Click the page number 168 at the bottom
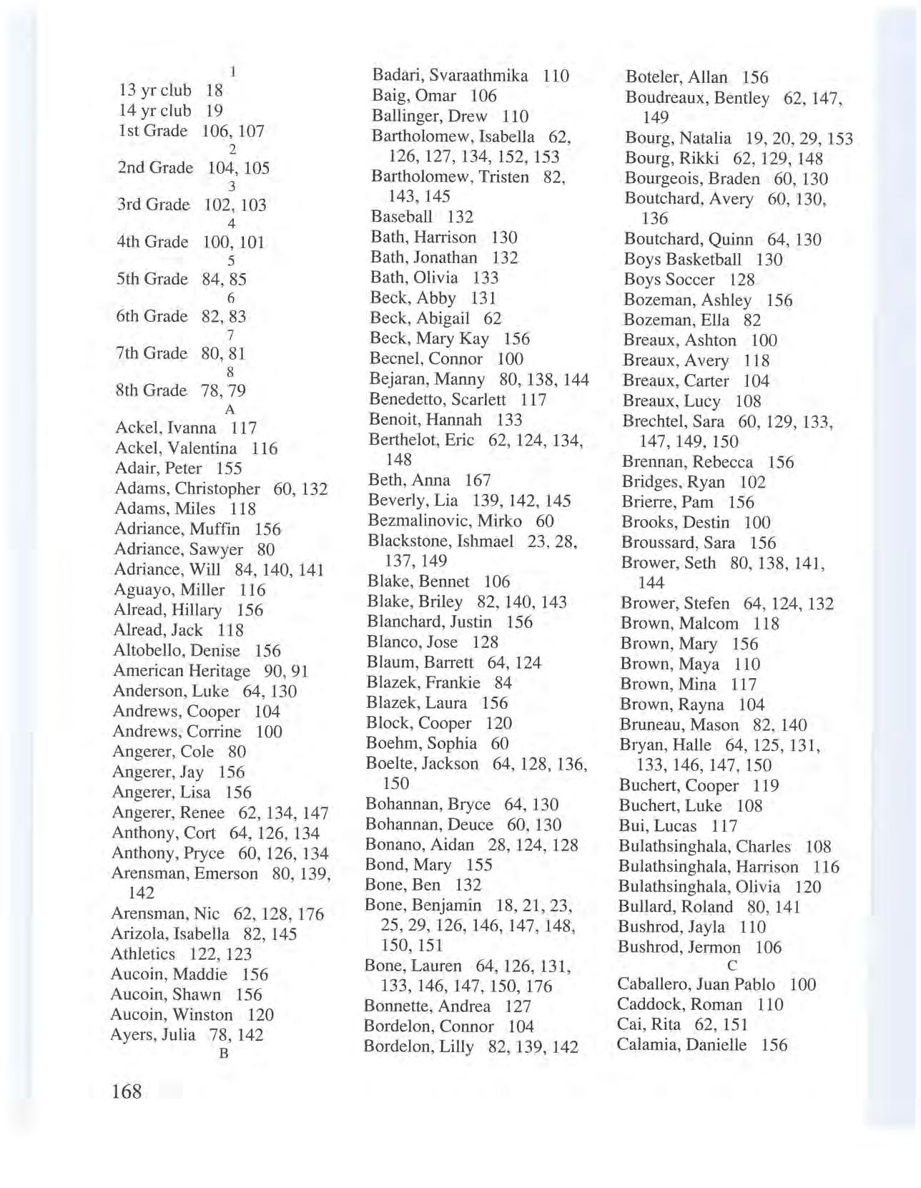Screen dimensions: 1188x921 tap(127, 1091)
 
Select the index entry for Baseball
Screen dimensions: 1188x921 tap(401, 217)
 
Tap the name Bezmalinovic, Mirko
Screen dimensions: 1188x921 tap(444, 521)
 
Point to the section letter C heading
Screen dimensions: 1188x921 tap(732, 966)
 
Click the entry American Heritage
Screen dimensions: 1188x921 tap(182, 671)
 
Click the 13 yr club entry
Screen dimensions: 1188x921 tap(155, 90)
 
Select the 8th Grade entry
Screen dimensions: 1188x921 tap(151, 391)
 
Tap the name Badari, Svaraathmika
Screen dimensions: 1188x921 tap(450, 76)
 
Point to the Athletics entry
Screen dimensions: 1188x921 tap(143, 954)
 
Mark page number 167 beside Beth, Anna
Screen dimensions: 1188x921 tap(478, 480)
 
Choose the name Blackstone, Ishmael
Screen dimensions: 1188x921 tap(440, 541)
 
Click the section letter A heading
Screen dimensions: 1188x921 tap(230, 410)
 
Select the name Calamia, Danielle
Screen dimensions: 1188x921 tap(681, 1045)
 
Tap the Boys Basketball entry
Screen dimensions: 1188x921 tap(681, 260)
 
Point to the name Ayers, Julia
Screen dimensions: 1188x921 tap(153, 1035)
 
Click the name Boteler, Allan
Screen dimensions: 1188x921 tap(676, 77)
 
